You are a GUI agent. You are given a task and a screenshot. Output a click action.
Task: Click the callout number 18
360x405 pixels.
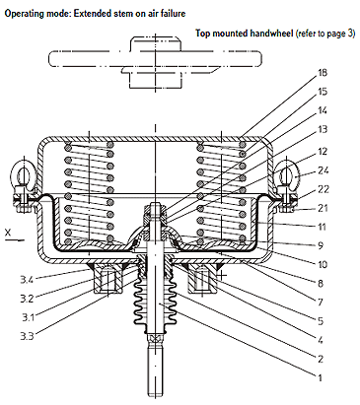pos(323,72)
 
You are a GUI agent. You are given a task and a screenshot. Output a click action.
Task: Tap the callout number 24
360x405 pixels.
pos(324,170)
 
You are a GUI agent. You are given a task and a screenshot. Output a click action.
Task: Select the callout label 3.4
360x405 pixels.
pos(27,280)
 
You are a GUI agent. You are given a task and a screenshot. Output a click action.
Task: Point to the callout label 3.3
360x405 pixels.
pos(27,336)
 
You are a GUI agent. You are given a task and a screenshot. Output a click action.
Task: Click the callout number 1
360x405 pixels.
pos(320,377)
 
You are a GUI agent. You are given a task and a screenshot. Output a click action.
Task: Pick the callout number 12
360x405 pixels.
pos(323,152)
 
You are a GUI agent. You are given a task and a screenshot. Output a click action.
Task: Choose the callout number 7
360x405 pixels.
pos(321,302)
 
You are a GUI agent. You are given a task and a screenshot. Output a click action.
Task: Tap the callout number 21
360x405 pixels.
pos(323,208)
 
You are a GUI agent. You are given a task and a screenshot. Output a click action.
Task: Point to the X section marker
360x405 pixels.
pos(8,233)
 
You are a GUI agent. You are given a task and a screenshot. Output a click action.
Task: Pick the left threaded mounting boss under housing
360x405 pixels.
pos(108,278)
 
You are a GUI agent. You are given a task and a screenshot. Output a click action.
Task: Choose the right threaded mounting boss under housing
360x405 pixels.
pos(202,278)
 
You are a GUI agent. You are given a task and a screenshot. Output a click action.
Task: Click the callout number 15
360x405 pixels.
pos(323,92)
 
